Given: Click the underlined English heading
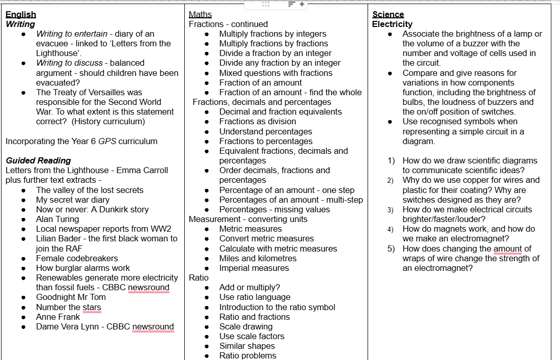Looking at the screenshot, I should coord(21,14).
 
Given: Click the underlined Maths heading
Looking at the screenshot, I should coord(200,14).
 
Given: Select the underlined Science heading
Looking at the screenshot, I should coord(388,14).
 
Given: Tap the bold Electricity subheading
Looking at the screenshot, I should coord(392,24).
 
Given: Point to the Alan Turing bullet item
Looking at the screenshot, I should coord(58,219).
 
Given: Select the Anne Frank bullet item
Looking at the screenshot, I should coord(58,317).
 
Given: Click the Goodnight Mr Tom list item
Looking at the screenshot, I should coord(71,297).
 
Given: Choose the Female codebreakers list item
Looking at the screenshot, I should coord(77,258).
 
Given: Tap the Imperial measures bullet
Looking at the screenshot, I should coord(254,268).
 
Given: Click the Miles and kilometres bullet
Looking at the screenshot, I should coord(258,258).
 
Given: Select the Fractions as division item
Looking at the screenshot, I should coord(258,121).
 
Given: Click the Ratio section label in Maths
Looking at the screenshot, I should coord(199,278).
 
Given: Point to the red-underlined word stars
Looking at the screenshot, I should coord(92,307).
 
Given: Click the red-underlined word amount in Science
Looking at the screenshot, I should coord(508,248).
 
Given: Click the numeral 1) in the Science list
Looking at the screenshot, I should coord(391,160).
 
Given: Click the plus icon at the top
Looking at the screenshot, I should coord(302,4).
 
